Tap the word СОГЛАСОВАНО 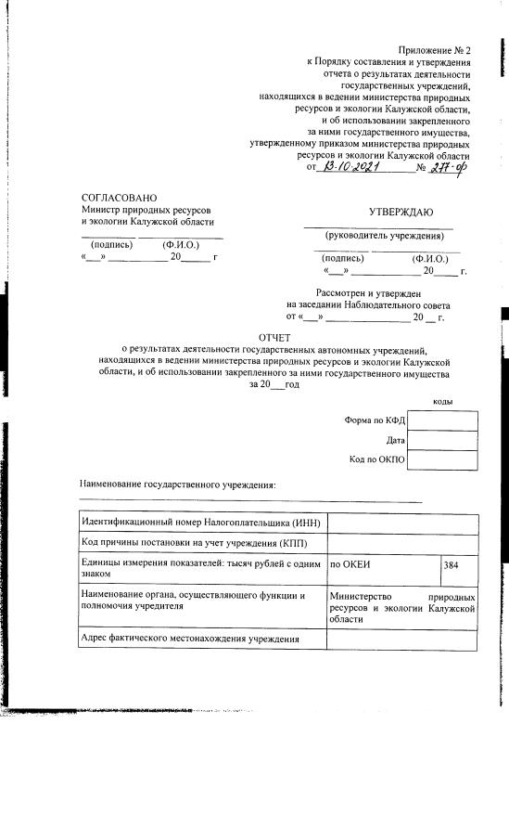(x=120, y=198)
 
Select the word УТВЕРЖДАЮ (x=401, y=213)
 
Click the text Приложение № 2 (x=435, y=48)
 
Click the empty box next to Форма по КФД (x=442, y=420)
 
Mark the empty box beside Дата (x=442, y=440)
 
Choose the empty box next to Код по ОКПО (x=442, y=459)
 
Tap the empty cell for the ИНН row (x=402, y=523)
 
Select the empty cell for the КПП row (x=402, y=543)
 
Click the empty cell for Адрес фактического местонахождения (x=402, y=640)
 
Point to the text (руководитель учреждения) (x=378, y=236)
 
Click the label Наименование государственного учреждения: (x=178, y=485)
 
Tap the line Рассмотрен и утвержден (x=369, y=292)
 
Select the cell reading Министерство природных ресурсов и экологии (x=402, y=606)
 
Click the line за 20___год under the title (x=274, y=384)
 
